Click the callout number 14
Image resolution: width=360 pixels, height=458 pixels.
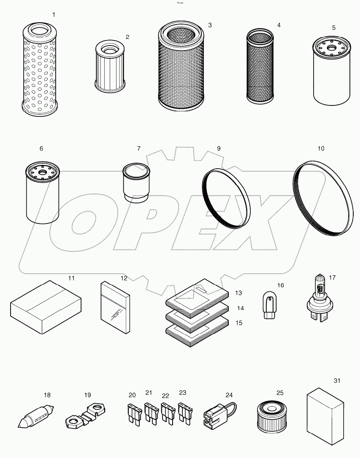240,308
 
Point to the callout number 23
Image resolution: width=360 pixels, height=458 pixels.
182,392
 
